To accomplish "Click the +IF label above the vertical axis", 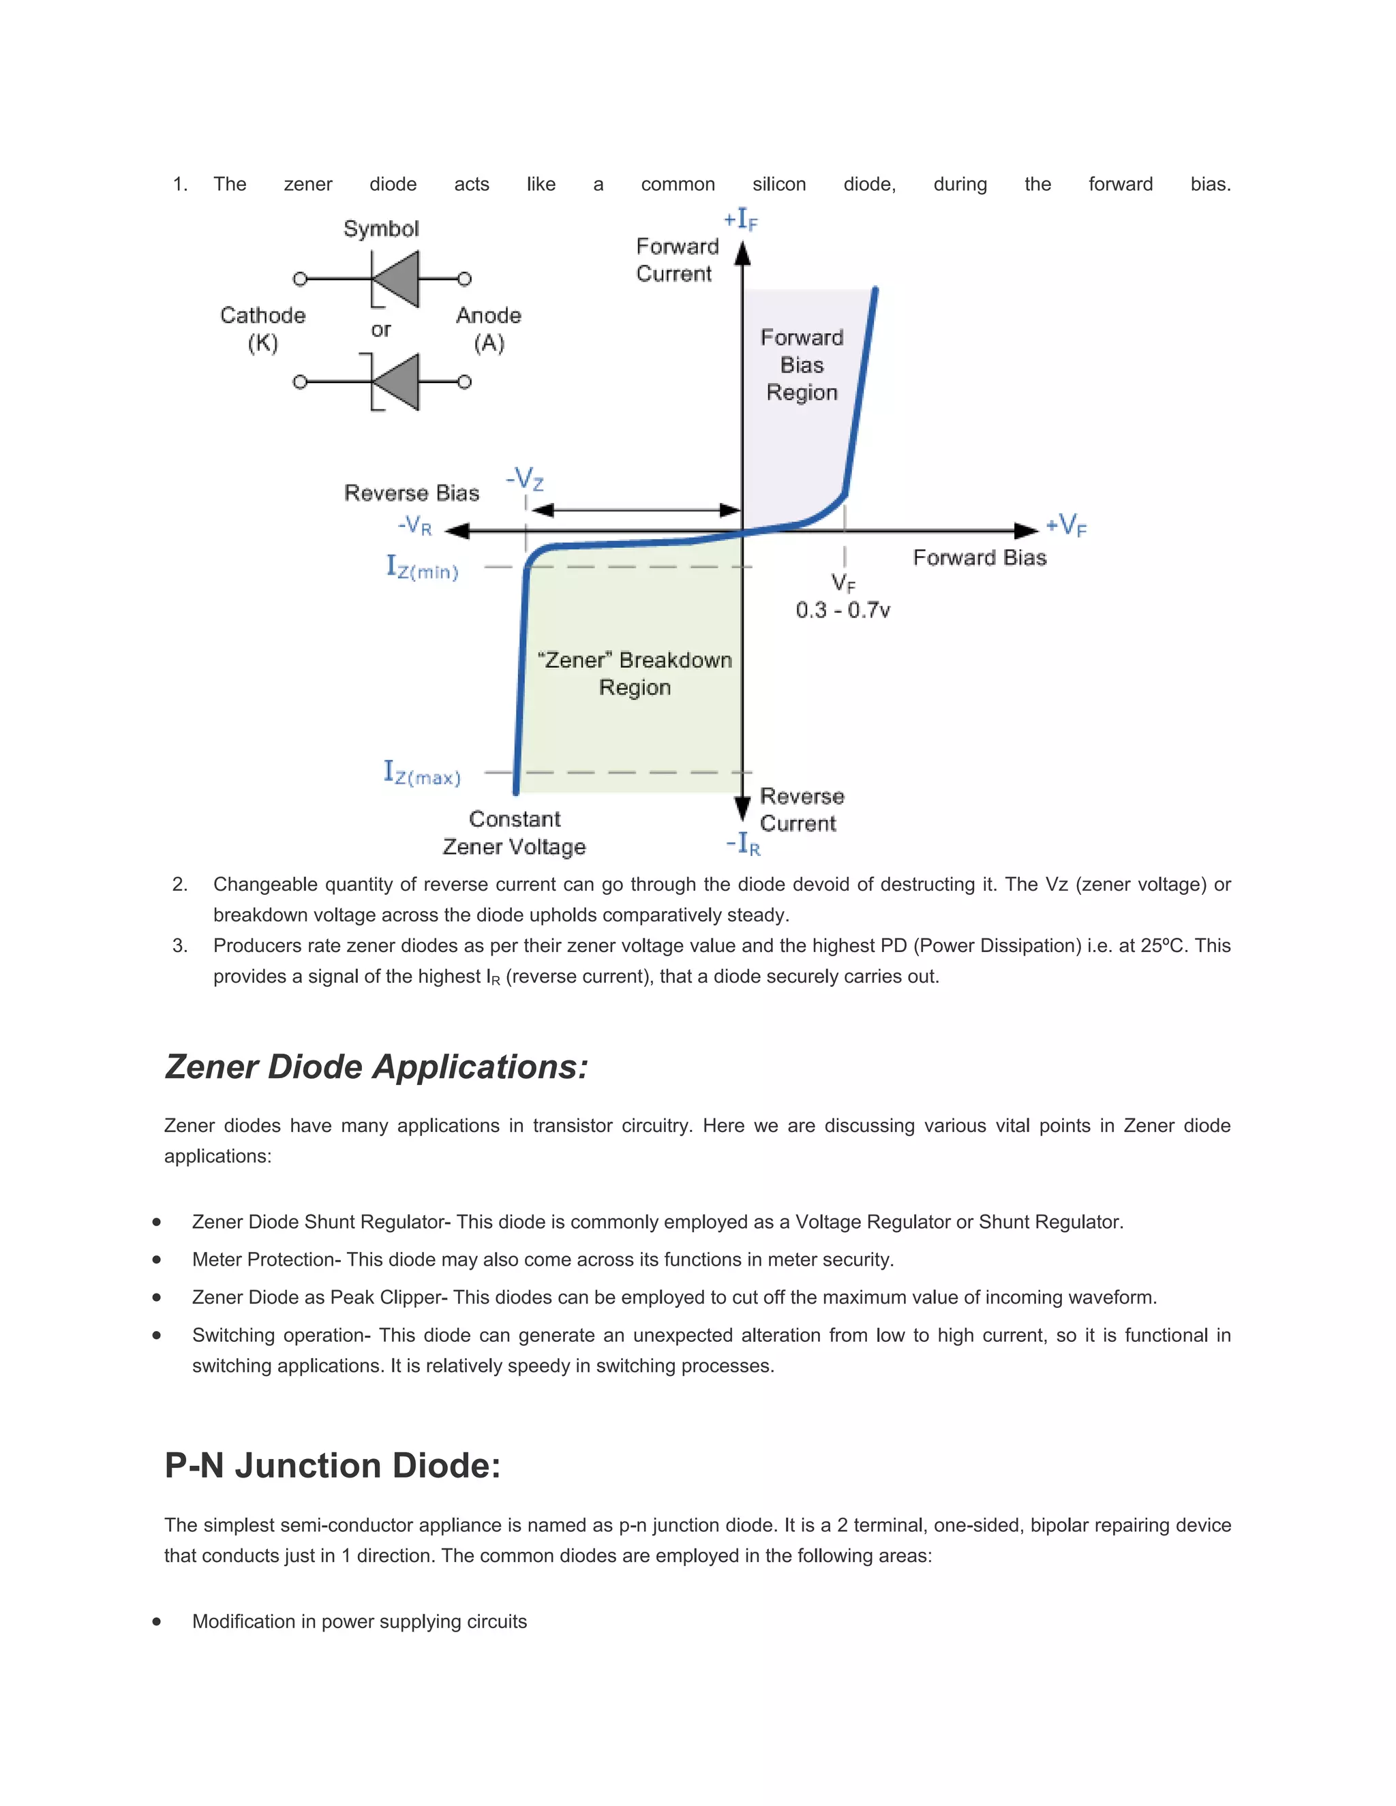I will coord(741,220).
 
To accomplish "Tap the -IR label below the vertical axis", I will coord(743,844).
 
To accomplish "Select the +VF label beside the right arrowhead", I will coord(1066,525).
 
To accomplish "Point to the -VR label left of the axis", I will coord(415,526).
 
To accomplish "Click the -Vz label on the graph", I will coord(525,479).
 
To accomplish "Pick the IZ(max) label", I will coord(422,774).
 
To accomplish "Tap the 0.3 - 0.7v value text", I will coord(843,610).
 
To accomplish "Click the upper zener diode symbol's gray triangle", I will coord(398,279).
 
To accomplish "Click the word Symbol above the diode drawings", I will coord(381,229).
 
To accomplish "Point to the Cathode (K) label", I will coord(263,328).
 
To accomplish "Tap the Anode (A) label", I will coord(489,328).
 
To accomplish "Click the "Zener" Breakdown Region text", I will coord(635,673).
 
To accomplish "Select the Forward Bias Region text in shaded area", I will coord(802,365).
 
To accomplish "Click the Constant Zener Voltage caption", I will coord(515,833).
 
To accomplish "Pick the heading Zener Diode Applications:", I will coord(376,1067).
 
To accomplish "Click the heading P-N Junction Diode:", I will coord(333,1466).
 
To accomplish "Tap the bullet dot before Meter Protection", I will coord(156,1259).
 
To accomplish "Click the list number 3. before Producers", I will coord(179,946).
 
